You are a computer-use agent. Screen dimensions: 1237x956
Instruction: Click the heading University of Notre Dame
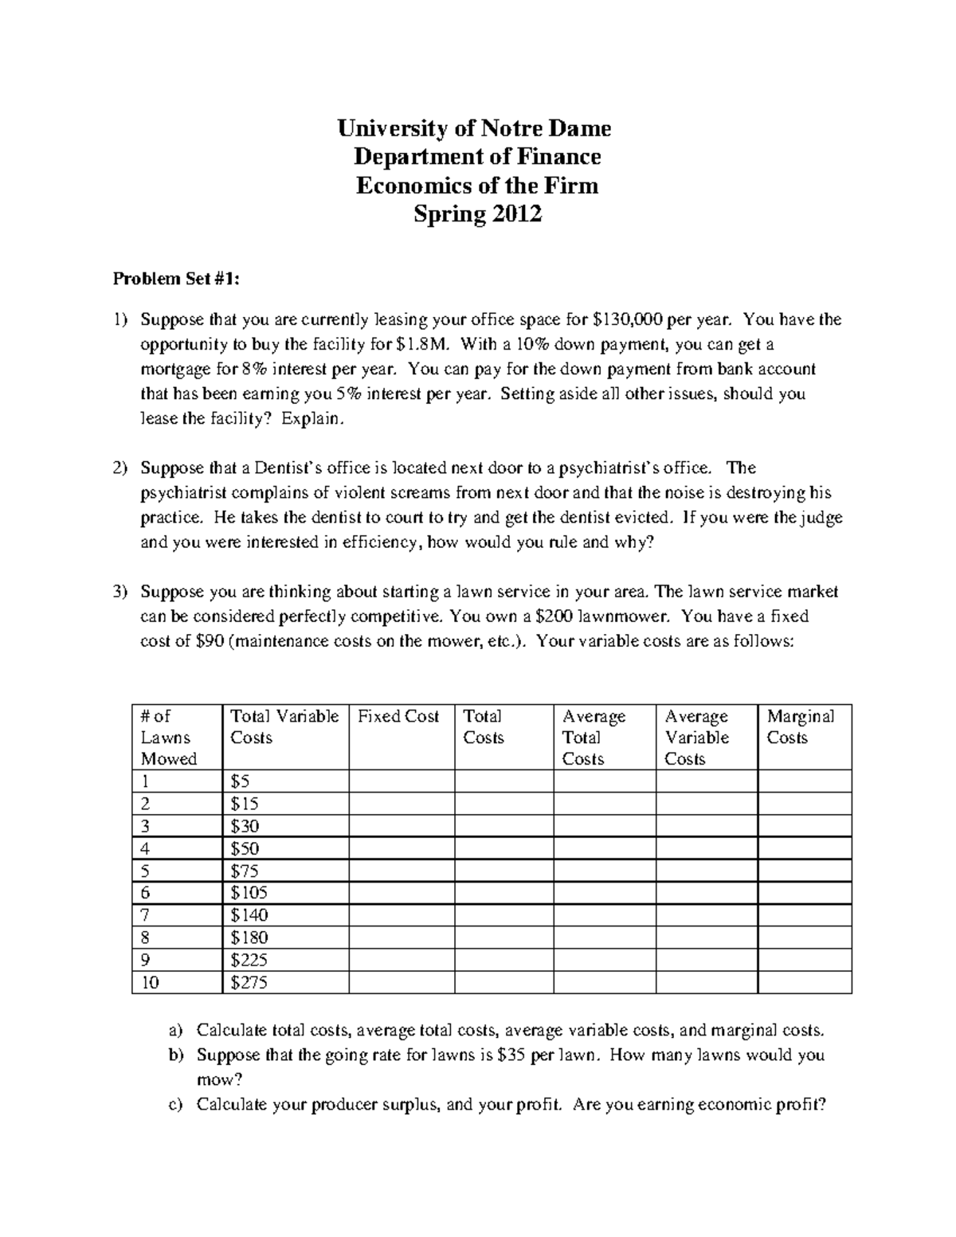pos(474,127)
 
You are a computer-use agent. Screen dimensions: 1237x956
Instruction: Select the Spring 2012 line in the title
pos(476,214)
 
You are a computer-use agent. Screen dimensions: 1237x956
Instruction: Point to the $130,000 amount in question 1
pos(629,320)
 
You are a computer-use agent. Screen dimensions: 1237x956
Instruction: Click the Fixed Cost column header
pos(398,716)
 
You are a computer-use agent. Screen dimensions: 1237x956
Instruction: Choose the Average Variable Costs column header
pos(697,738)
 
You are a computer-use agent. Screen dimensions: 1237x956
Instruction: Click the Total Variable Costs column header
pos(284,726)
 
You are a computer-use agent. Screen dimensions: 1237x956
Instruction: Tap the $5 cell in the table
pos(240,781)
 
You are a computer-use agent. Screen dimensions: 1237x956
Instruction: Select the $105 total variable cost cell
pos(249,893)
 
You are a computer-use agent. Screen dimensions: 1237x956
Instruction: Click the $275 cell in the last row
pos(249,983)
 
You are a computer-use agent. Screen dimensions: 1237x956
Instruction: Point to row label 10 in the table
pos(151,983)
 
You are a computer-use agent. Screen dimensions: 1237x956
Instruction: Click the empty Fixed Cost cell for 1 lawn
pos(402,781)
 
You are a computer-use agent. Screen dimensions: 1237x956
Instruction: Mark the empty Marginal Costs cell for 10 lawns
pos(804,983)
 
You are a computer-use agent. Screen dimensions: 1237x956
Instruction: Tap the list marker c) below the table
pos(176,1105)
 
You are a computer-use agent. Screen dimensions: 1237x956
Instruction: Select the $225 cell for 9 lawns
pos(249,961)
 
